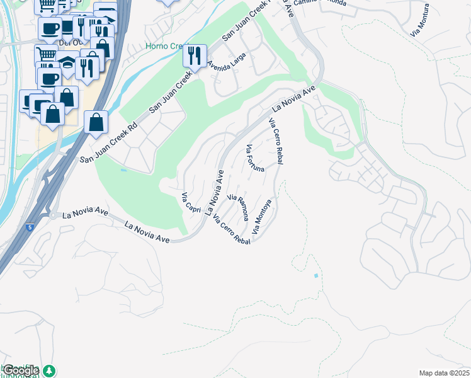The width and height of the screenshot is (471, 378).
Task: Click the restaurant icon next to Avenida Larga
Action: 195,55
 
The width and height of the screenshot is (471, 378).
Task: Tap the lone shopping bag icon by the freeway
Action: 95,123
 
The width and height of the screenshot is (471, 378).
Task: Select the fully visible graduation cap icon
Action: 67,63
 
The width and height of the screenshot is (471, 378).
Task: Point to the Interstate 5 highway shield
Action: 30,227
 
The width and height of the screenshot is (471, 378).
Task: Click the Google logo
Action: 20,371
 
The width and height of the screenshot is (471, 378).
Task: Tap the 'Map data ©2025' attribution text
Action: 444,373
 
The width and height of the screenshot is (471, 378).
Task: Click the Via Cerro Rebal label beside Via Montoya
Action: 232,230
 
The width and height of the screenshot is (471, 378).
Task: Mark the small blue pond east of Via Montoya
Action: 315,275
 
